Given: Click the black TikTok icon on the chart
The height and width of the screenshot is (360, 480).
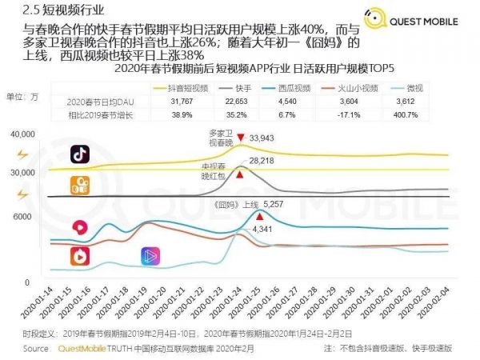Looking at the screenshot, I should (80, 153).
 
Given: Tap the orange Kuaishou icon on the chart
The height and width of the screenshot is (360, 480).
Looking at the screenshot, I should (80, 186).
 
